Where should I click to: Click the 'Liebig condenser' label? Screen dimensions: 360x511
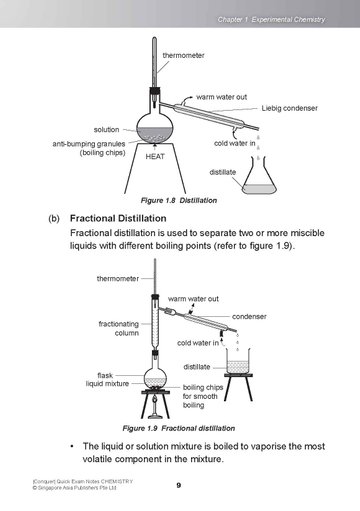click(289, 108)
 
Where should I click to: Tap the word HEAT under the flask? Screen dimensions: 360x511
click(155, 156)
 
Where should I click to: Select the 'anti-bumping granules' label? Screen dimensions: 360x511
click(89, 144)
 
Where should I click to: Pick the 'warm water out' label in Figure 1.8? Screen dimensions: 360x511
click(221, 97)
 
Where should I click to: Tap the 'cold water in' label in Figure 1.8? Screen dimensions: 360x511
click(235, 143)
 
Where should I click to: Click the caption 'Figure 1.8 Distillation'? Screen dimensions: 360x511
click(179, 200)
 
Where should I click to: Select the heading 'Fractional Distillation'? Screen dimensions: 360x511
click(118, 218)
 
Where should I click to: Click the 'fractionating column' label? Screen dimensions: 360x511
click(119, 328)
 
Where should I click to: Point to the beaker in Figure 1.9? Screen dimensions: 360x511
click(238, 361)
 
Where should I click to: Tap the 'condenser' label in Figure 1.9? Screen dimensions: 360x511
click(249, 316)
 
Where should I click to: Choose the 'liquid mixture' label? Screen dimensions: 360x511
click(107, 384)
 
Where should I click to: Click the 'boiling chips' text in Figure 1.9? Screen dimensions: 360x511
click(203, 387)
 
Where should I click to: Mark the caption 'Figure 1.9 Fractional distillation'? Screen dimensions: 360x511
click(179, 428)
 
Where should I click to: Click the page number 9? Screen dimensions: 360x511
click(179, 485)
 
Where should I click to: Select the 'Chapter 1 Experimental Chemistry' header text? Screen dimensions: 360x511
click(271, 20)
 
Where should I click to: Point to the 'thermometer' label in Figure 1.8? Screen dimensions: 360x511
click(183, 55)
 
